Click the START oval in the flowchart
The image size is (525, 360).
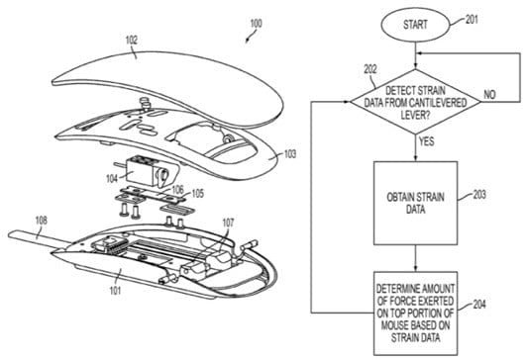415,25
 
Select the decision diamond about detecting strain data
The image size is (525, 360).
415,102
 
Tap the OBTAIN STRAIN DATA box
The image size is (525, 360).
415,203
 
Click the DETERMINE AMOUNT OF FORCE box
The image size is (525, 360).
415,314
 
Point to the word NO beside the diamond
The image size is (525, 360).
489,95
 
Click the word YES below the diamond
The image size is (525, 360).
427,141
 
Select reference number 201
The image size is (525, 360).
472,20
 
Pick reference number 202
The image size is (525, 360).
370,69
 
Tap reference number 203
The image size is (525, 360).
479,195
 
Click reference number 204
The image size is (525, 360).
479,305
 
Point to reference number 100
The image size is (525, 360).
256,24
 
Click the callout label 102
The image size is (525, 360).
132,41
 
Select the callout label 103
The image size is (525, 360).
290,153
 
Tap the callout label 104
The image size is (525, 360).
112,179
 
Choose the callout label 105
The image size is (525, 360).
197,194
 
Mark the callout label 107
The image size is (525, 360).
228,223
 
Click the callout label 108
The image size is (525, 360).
42,221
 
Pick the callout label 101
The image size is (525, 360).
115,291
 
